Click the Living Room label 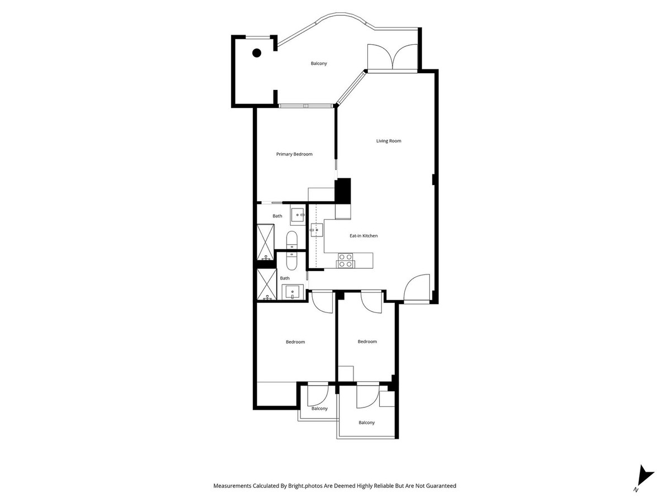pyautogui.click(x=389, y=141)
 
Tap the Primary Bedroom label pyautogui.click(x=294, y=154)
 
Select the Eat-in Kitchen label pyautogui.click(x=363, y=236)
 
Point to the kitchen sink pyautogui.click(x=317, y=229)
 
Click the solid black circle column pyautogui.click(x=257, y=53)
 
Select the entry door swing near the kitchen pyautogui.click(x=417, y=287)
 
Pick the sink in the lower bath pyautogui.click(x=292, y=291)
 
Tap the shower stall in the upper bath pyautogui.click(x=266, y=241)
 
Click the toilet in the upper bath pyautogui.click(x=293, y=241)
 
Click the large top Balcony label pyautogui.click(x=319, y=64)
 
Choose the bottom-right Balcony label pyautogui.click(x=367, y=423)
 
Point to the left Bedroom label pyautogui.click(x=295, y=342)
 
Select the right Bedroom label pyautogui.click(x=367, y=342)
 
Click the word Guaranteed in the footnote pyautogui.click(x=438, y=486)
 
